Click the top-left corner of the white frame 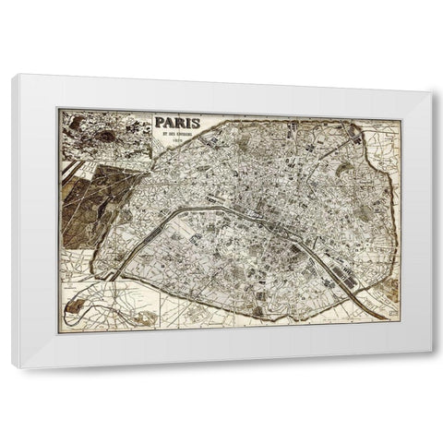click(14, 76)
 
